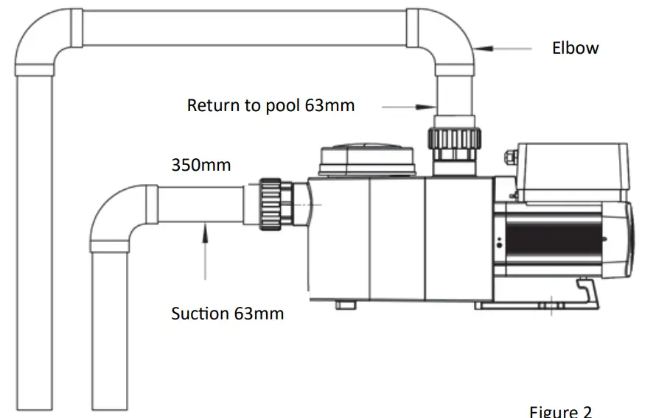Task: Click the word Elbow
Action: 575,49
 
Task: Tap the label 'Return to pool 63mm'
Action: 271,105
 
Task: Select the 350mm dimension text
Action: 200,165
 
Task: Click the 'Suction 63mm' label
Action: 227,313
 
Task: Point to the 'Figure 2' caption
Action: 560,411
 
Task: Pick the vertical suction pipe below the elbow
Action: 111,331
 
